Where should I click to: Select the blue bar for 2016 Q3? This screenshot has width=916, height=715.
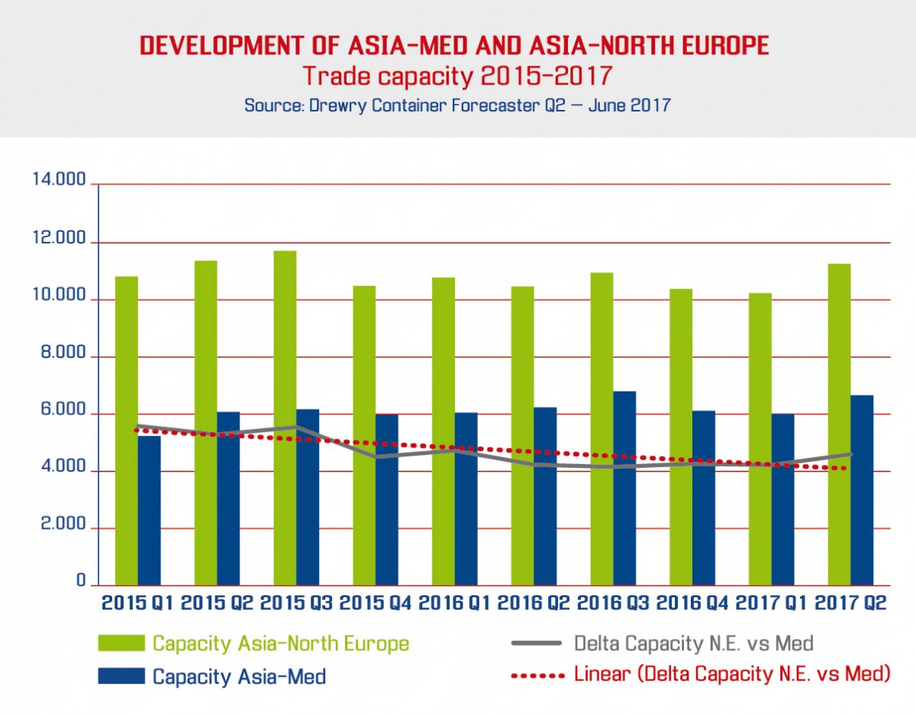tap(624, 488)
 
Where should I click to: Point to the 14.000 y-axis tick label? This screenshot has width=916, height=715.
tap(59, 181)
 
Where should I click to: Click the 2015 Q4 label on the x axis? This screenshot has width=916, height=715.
tap(375, 603)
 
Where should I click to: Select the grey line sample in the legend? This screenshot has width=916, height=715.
tap(537, 643)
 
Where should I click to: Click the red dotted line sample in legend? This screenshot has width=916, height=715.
tap(537, 675)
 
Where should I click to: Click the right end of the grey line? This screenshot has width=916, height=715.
tap(850, 454)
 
